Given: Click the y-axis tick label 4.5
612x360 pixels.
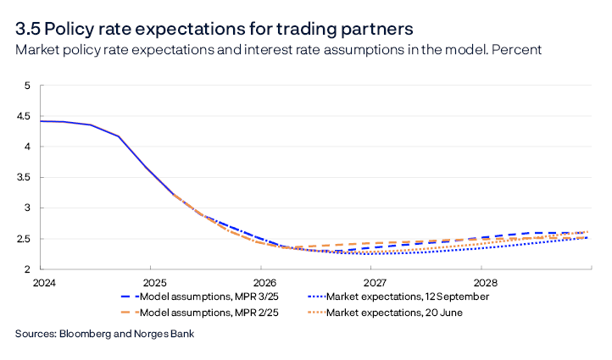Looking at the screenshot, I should click(x=23, y=116).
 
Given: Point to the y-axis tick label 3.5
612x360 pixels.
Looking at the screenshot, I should click(x=23, y=177).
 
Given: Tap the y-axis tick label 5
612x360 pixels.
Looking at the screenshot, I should click(x=27, y=86).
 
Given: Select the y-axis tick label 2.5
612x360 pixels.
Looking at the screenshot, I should click(x=23, y=238).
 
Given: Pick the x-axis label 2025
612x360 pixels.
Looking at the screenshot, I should click(x=150, y=282).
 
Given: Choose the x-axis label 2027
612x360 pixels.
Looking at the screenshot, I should click(x=374, y=282).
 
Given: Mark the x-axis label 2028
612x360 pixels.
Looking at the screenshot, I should click(x=485, y=282).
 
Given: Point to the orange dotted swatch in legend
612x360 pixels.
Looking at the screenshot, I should click(x=320, y=313).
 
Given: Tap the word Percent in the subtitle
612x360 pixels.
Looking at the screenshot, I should click(x=519, y=50).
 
